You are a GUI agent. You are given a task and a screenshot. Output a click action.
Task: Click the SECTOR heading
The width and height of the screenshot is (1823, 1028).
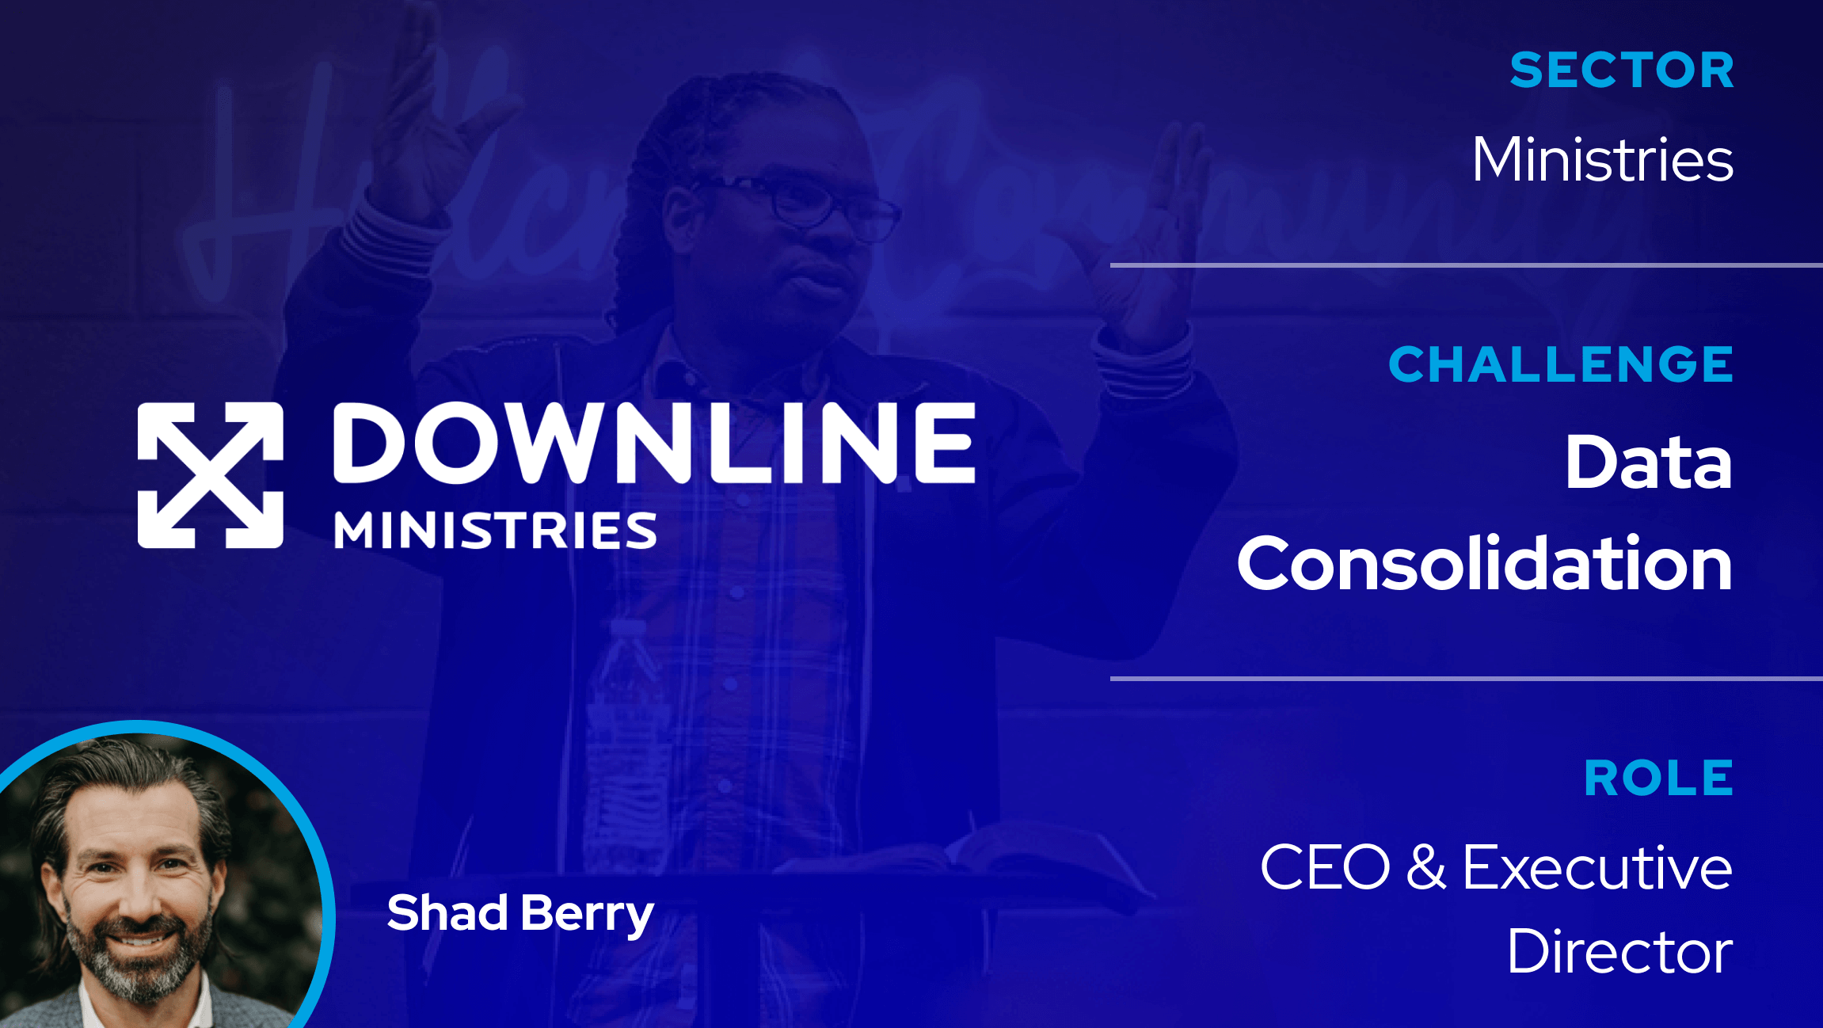[x=1622, y=70]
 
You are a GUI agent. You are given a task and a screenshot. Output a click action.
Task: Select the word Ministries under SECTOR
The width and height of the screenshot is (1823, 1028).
[x=1602, y=160]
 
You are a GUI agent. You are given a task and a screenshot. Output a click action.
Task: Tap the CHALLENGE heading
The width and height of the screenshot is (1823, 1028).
[x=1561, y=365]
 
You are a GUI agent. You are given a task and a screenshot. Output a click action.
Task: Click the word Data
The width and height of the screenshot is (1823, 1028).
[x=1648, y=463]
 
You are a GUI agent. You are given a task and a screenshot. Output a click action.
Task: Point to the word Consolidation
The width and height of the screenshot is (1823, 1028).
[x=1484, y=564]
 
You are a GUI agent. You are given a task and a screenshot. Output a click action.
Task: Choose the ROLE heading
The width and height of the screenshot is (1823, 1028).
[x=1658, y=779]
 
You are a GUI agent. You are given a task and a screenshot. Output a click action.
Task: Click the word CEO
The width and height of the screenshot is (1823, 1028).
[x=1325, y=868]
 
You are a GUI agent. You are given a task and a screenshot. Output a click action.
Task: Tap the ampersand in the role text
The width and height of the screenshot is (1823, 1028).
[x=1426, y=866]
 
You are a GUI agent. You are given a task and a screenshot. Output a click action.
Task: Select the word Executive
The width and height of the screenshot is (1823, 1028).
[x=1597, y=868]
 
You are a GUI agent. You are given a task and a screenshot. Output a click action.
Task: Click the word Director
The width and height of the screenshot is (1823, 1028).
[x=1619, y=952]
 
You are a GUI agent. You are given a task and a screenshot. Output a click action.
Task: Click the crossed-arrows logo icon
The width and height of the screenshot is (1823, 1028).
[x=210, y=475]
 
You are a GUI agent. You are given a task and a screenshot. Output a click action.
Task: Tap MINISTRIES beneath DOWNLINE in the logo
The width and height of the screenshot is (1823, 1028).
[x=495, y=530]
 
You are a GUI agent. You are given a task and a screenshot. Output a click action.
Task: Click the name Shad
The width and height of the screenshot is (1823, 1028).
[x=447, y=913]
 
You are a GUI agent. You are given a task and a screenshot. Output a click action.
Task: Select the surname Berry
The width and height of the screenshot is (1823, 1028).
[x=587, y=915]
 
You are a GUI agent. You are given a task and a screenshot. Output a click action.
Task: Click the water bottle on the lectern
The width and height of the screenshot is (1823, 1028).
[x=626, y=713]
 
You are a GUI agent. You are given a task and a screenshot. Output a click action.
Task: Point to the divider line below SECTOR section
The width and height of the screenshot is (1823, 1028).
[x=1465, y=265]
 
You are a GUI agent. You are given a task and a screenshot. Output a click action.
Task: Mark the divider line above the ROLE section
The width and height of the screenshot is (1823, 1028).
[x=1465, y=679]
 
